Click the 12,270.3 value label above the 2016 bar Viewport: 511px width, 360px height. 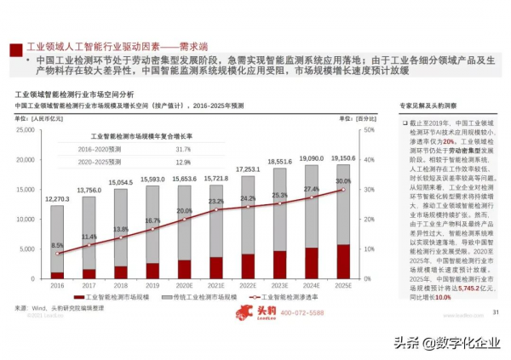point(56,198)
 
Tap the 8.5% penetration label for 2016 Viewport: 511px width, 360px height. point(57,245)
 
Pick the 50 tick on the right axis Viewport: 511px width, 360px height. point(368,129)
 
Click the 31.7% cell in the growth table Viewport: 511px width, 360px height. point(183,149)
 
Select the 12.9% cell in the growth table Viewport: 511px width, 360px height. point(183,162)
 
